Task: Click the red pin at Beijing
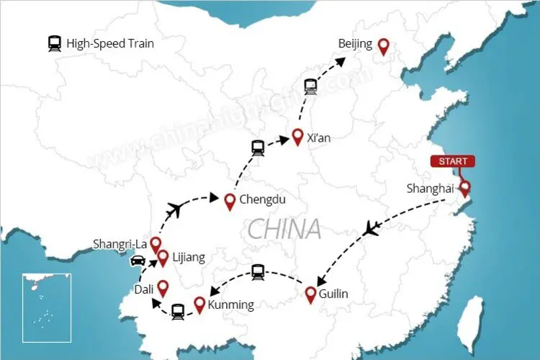pos(384,46)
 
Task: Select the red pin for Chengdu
pos(230,202)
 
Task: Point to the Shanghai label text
pos(430,189)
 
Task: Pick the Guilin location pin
pos(311,294)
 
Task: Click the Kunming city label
pos(230,305)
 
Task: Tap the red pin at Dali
pos(163,288)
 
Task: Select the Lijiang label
pos(189,257)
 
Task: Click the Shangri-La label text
pos(120,243)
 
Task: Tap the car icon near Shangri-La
pos(138,261)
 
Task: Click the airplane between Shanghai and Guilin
pos(371,229)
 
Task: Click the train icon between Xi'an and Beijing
pos(310,86)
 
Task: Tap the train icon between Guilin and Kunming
pos(258,271)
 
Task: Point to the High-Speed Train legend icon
pos(55,43)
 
